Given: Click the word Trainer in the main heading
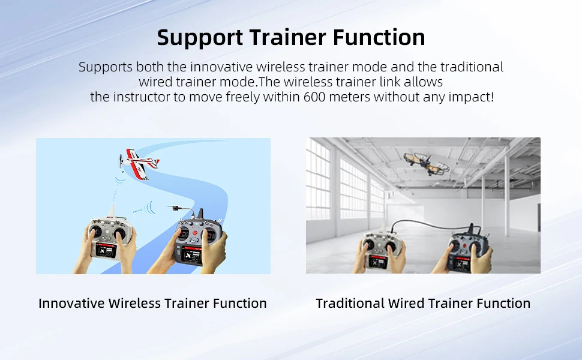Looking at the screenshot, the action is (287, 37).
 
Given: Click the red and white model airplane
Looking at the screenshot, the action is (139, 164).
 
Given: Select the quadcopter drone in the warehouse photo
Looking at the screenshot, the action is (427, 163).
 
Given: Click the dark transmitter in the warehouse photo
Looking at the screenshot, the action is (467, 248).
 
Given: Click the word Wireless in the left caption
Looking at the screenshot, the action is (135, 303).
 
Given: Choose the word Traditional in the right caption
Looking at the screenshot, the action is (350, 303).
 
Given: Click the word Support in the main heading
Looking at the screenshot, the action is (200, 38).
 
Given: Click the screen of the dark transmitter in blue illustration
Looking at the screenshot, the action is (191, 256).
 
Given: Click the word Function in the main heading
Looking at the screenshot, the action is (379, 37).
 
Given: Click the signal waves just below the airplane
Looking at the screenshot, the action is (119, 180).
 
